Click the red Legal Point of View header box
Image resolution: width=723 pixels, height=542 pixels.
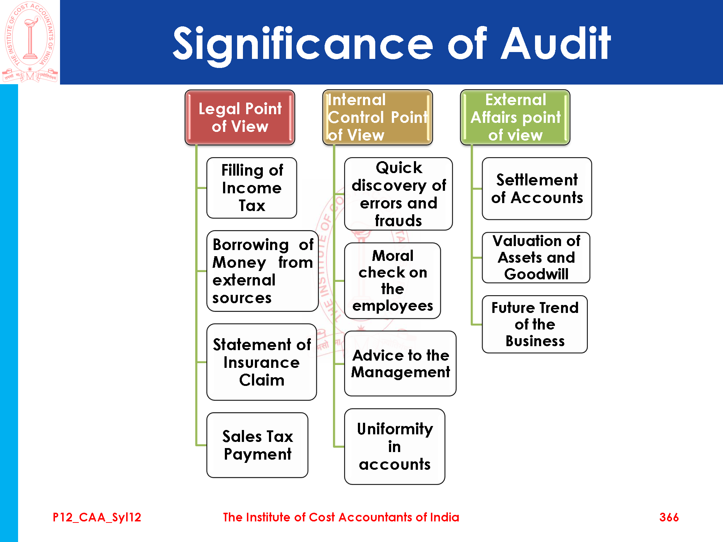click(x=240, y=117)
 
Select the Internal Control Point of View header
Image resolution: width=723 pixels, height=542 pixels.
click(x=377, y=117)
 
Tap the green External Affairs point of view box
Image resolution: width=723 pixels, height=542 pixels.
click(x=515, y=117)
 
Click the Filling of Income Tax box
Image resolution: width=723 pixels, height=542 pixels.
click(x=252, y=188)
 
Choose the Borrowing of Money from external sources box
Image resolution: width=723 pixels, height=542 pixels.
click(x=262, y=271)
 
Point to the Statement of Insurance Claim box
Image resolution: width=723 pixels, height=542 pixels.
click(x=262, y=362)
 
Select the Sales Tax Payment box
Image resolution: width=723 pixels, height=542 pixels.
click(x=257, y=445)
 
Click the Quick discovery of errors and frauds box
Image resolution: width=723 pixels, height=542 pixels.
click(x=398, y=194)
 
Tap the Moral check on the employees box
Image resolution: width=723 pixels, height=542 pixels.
click(x=393, y=281)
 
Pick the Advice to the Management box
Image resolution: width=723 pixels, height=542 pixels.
click(x=400, y=364)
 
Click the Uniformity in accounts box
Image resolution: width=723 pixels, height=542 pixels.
click(x=395, y=447)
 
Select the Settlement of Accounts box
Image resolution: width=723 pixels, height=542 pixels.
click(x=537, y=189)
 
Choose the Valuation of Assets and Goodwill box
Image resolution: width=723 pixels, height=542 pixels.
click(x=536, y=258)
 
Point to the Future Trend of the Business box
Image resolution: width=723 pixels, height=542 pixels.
click(x=535, y=324)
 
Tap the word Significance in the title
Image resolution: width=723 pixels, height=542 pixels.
click(x=303, y=44)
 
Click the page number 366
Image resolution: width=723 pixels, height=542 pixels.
click(x=669, y=517)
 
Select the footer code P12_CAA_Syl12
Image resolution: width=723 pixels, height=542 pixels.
click(x=97, y=517)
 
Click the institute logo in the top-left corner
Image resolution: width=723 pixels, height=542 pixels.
click(x=30, y=42)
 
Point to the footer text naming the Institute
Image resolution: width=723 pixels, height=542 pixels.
click(x=341, y=517)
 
